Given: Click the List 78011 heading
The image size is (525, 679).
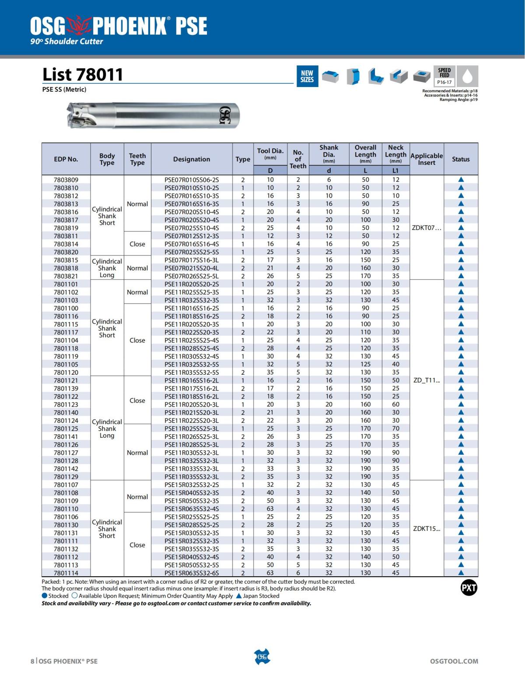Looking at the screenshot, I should point(83,75).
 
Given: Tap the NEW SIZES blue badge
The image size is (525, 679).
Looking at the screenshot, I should point(307,77).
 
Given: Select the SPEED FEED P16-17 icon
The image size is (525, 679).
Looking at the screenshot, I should point(444,76).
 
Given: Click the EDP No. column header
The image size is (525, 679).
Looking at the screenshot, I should point(66,160).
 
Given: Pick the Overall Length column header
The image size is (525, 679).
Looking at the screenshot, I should point(365,154).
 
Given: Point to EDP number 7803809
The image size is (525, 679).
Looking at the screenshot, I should point(66,180).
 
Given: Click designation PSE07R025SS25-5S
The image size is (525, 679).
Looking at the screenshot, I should point(192,252).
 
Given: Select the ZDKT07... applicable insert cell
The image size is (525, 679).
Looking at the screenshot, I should point(427,228).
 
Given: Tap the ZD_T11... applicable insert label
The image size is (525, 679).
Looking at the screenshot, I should point(427,380).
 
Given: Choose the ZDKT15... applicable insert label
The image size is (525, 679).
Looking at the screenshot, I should point(427,529).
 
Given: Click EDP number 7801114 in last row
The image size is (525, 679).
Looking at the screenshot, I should point(66,573).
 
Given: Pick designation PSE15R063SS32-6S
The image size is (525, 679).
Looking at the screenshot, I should point(192,573).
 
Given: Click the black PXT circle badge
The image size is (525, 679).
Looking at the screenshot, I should point(469,588).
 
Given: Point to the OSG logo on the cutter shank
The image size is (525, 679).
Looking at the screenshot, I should point(224,115).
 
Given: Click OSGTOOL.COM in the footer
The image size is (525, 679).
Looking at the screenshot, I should point(454,661).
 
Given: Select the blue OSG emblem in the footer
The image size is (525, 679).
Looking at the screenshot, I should point(262,657).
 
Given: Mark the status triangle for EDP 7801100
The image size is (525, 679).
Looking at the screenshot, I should point(461,308).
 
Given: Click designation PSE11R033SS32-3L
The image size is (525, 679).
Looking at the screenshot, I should point(192,469).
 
